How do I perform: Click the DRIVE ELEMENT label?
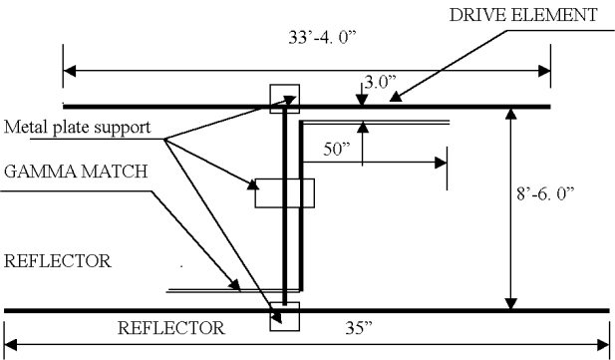(x=523, y=15)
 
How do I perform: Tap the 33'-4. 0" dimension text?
(x=322, y=38)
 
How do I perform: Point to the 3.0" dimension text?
(x=380, y=82)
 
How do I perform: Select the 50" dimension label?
(x=337, y=150)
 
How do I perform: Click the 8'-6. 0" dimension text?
(x=545, y=193)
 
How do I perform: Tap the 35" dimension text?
(x=359, y=328)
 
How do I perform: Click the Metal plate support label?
(x=78, y=128)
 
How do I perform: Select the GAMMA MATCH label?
(x=76, y=172)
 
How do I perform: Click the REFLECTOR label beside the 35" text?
(x=171, y=328)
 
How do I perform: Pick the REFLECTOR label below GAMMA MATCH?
(x=58, y=261)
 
